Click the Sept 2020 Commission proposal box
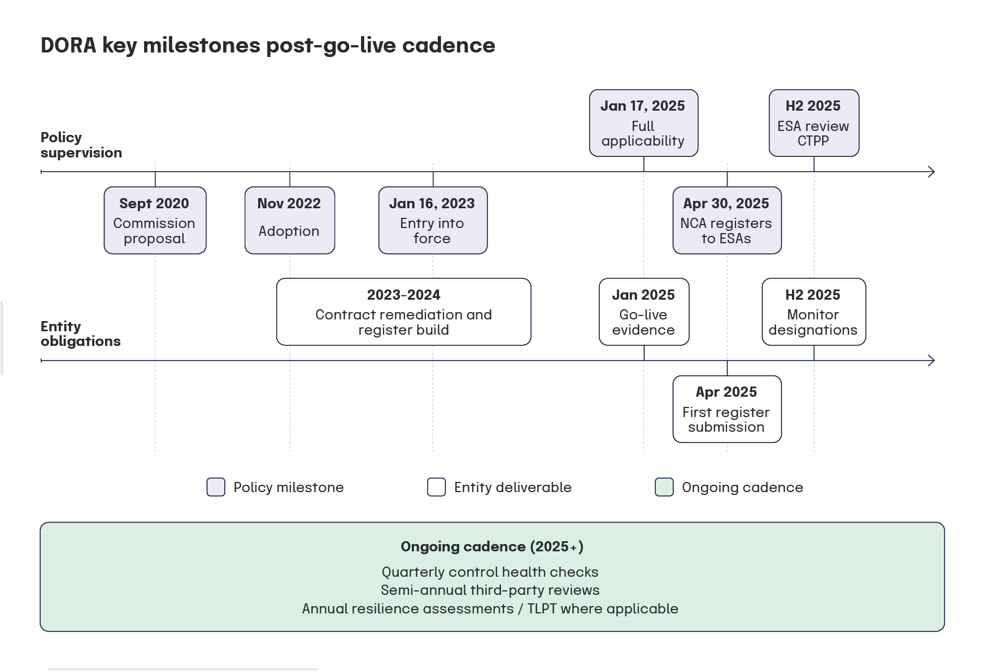155,220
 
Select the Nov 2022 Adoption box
289,220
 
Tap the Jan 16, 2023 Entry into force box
433,220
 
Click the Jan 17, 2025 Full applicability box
643,123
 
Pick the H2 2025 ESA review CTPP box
813,123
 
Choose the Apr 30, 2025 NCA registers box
726,220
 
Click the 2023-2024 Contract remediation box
403,312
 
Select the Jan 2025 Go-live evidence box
643,312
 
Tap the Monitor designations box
813,312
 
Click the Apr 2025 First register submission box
726,409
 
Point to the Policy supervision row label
81,145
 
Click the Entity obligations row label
80,334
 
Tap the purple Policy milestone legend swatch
216,487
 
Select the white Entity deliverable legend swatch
436,487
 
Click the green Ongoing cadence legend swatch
664,487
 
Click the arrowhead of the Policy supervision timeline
931,172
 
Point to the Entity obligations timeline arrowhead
931,360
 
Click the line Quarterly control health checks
490,572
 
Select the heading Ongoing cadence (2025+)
491,546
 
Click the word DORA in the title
68,45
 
